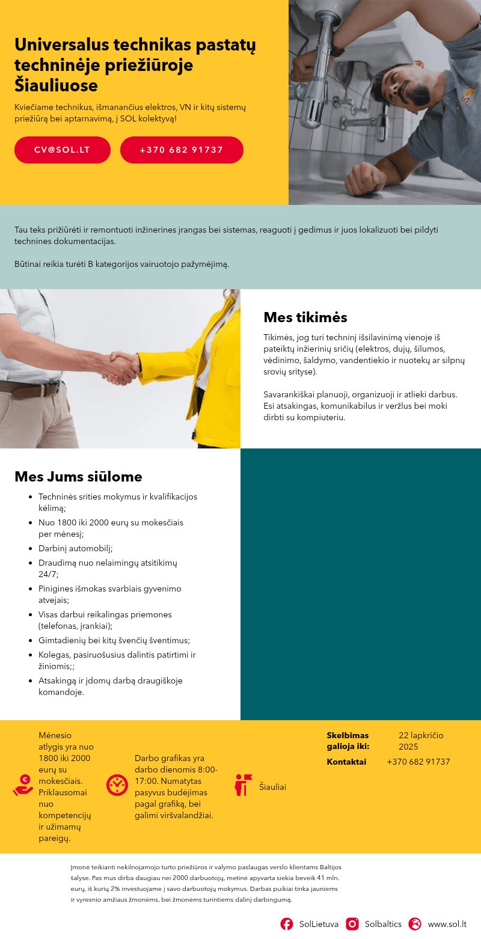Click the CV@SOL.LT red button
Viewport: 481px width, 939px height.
pyautogui.click(x=63, y=150)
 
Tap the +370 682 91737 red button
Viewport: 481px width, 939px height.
pyautogui.click(x=182, y=150)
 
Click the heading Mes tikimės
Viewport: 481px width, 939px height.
pyautogui.click(x=305, y=317)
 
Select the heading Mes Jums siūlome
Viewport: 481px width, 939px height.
pyautogui.click(x=78, y=477)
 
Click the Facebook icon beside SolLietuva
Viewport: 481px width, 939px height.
pyautogui.click(x=287, y=924)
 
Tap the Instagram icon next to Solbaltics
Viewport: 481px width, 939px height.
pyautogui.click(x=352, y=924)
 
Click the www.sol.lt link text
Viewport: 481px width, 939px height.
pyautogui.click(x=447, y=924)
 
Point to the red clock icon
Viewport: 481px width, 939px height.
pyautogui.click(x=117, y=785)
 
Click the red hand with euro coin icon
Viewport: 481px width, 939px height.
pyautogui.click(x=23, y=785)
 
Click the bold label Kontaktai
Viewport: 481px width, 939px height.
pyautogui.click(x=346, y=762)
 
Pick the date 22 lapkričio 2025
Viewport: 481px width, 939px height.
pyautogui.click(x=421, y=741)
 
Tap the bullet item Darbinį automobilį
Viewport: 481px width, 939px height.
pyautogui.click(x=76, y=548)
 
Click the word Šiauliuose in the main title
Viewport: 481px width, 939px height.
pyautogui.click(x=56, y=85)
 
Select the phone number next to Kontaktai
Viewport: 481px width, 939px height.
pyautogui.click(x=418, y=762)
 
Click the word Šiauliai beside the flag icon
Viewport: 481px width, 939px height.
pyautogui.click(x=272, y=787)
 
